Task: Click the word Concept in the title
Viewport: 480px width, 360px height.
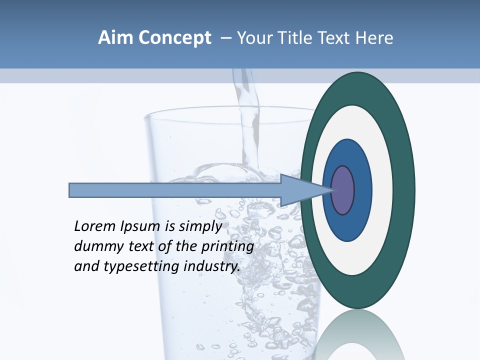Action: tap(175, 38)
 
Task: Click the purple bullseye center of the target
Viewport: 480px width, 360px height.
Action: tap(343, 190)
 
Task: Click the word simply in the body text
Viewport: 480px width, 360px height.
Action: tap(200, 226)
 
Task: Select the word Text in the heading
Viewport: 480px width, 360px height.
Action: tap(335, 38)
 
